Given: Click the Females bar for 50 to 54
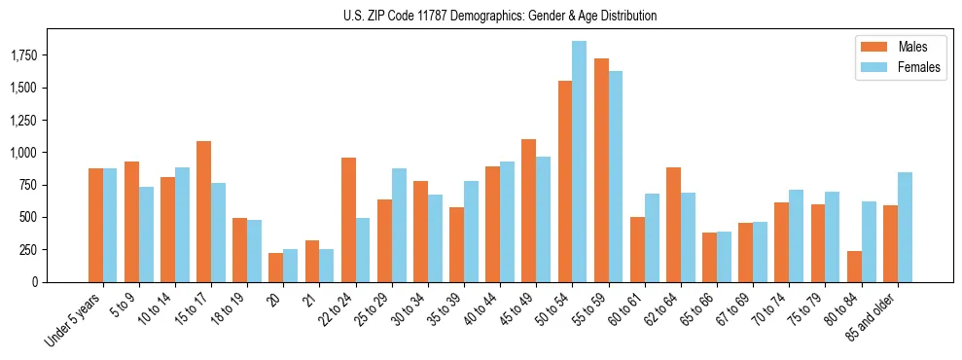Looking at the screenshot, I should click(579, 162).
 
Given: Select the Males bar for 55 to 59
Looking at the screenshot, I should click(601, 170).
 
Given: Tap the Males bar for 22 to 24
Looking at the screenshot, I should click(348, 220).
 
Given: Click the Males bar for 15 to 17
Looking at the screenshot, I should click(203, 211).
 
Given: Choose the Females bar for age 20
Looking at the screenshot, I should click(290, 266).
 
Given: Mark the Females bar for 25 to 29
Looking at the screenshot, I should click(399, 225).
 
